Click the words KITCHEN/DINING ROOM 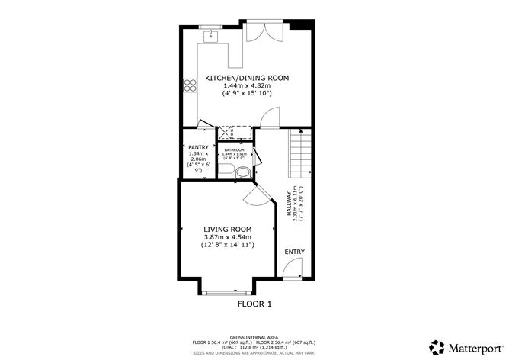(245, 78)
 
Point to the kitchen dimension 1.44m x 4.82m (245, 87)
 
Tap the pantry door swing (204, 127)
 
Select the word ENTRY (294, 251)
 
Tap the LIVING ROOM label (226, 228)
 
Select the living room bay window (228, 292)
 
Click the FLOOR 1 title (254, 304)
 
